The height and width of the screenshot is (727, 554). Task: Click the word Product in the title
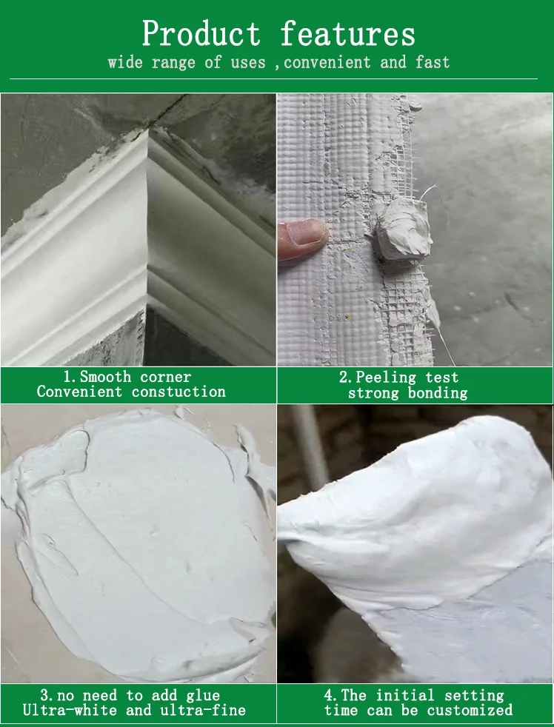(x=201, y=34)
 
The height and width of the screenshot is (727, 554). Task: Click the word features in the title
(x=347, y=34)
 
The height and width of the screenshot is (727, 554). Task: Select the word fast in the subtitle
(x=433, y=62)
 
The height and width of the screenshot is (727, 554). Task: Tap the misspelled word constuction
(x=178, y=392)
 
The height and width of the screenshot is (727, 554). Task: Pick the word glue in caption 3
(x=202, y=695)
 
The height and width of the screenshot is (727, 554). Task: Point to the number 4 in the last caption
(x=328, y=695)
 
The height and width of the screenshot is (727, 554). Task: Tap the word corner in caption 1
(x=165, y=377)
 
